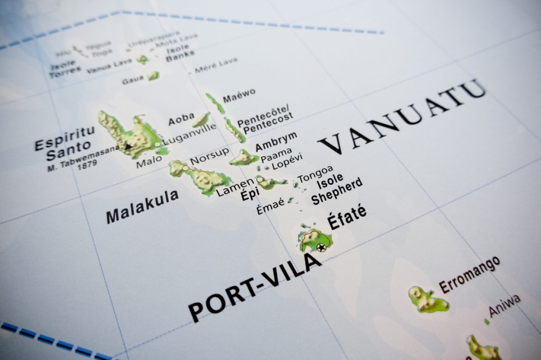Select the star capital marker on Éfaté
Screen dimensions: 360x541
click(321, 247)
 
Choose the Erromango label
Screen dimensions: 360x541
click(469, 275)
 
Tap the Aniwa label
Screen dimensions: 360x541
click(504, 305)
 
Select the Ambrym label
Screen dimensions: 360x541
click(276, 142)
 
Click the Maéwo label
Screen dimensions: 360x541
click(239, 96)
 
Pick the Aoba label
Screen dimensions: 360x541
click(181, 119)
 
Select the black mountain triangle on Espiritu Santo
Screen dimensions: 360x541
click(128, 146)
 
